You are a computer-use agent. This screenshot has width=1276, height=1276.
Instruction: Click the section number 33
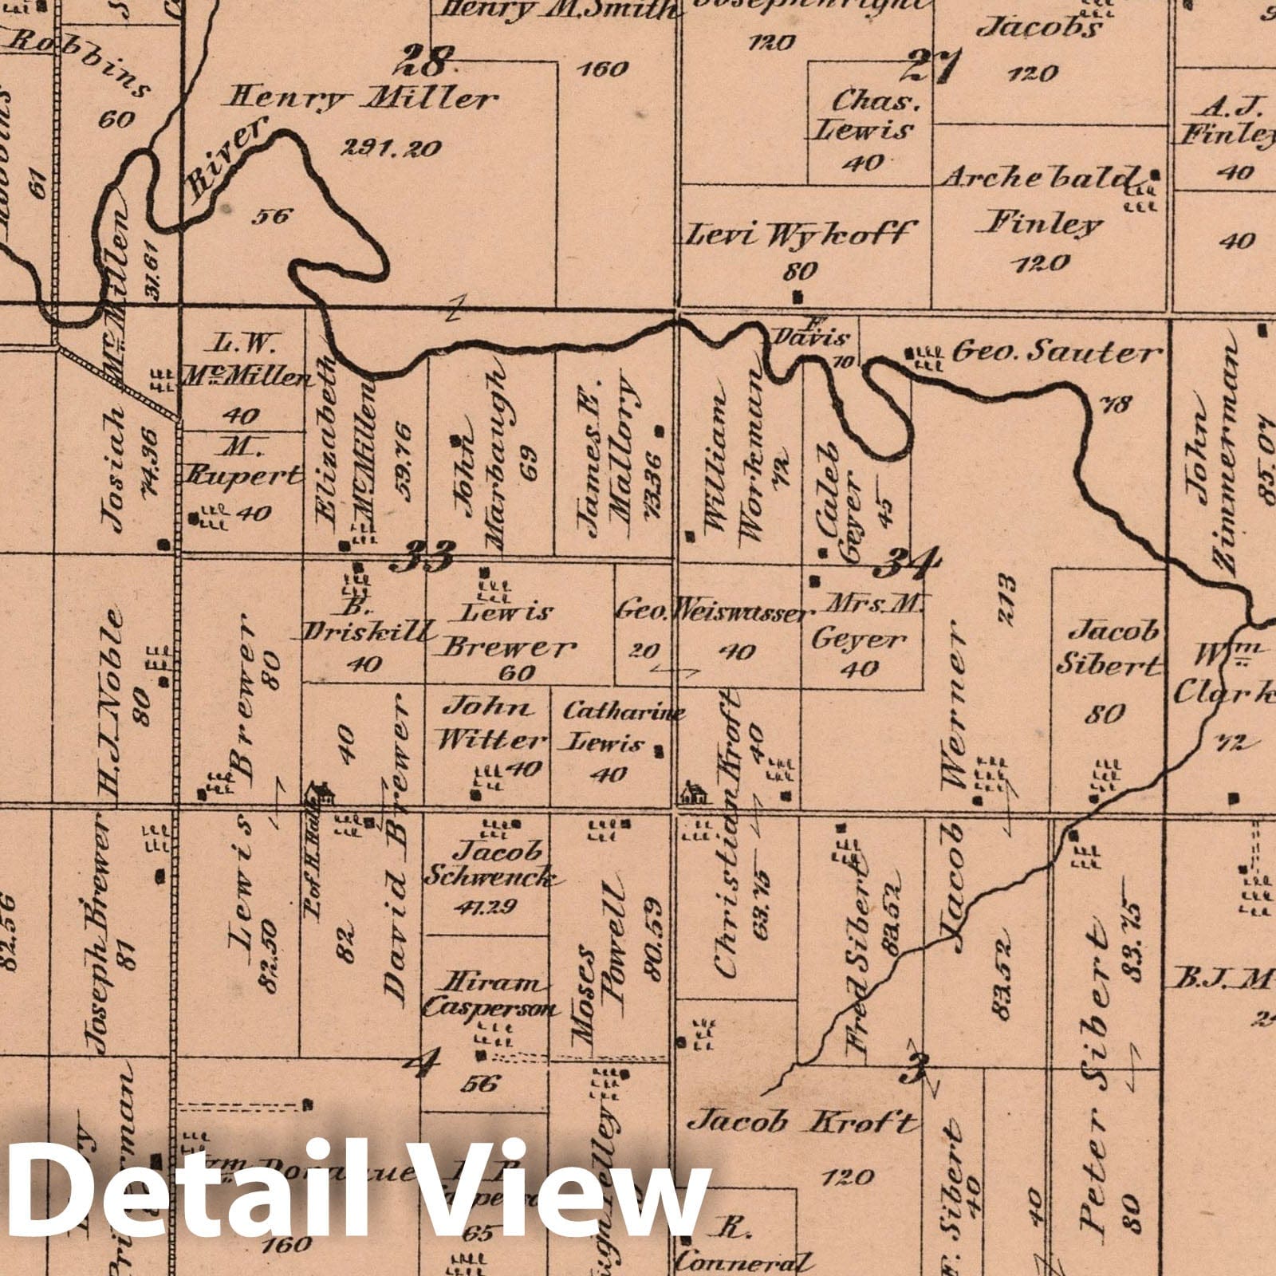point(421,554)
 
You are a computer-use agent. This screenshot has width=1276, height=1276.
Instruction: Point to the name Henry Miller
point(363,100)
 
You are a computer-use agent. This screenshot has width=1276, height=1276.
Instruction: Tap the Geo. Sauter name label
point(1054,352)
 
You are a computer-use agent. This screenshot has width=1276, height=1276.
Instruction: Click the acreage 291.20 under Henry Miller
point(391,148)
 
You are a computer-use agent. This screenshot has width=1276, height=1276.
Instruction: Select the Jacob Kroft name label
point(802,1123)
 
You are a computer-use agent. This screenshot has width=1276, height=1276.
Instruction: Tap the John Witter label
point(489,724)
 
